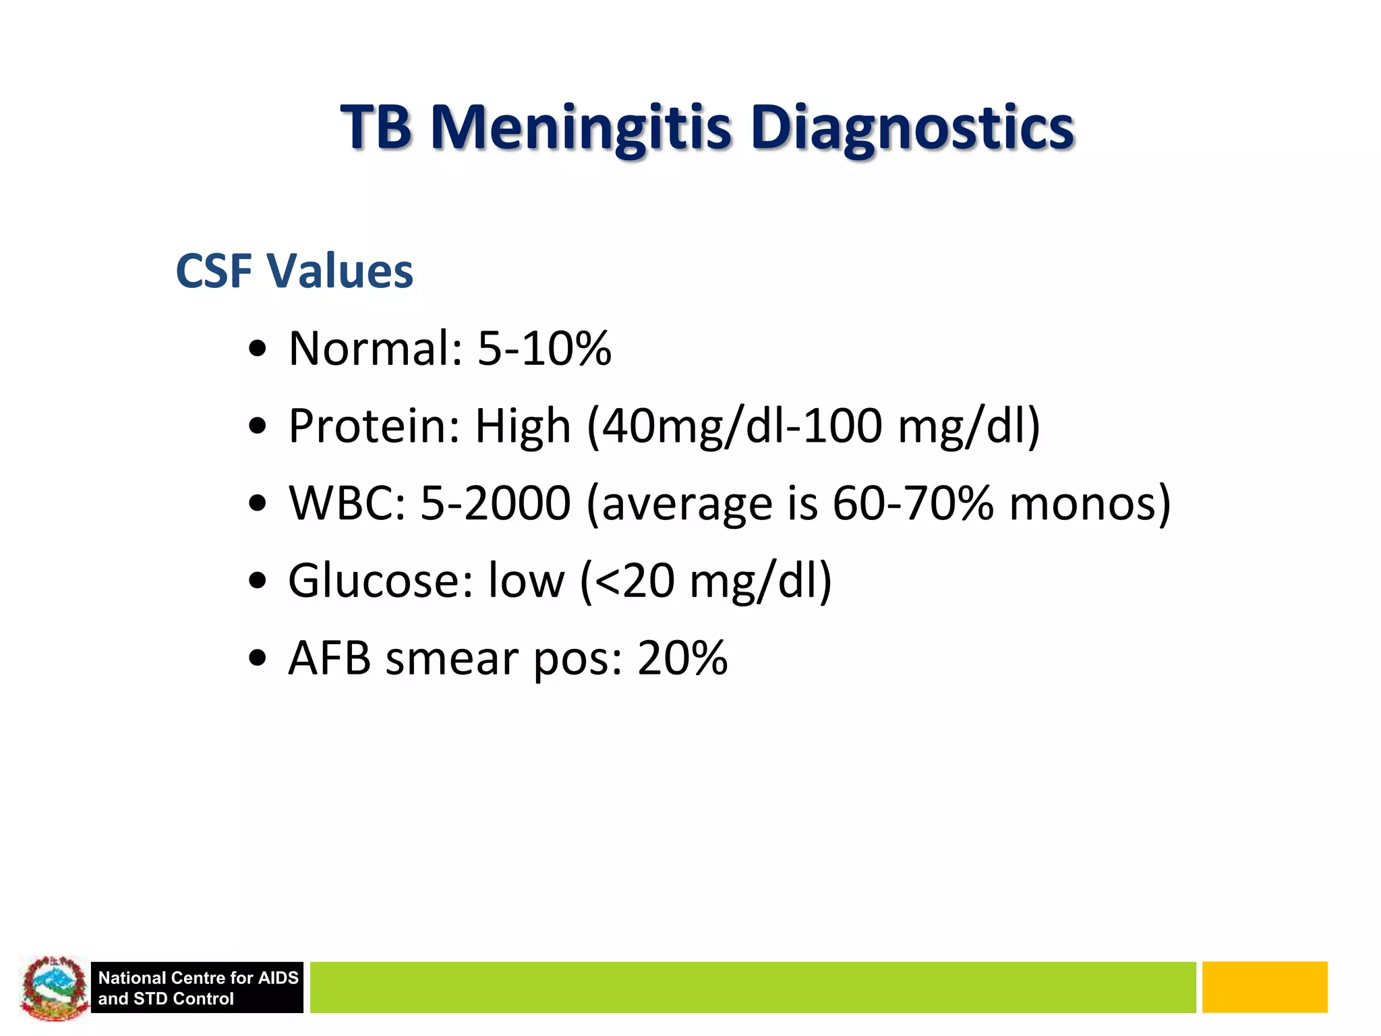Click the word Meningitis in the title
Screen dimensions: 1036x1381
click(581, 128)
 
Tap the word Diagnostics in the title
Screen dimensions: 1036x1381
click(912, 128)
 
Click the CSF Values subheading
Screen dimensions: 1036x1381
click(294, 271)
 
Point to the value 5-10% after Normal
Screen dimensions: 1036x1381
click(544, 349)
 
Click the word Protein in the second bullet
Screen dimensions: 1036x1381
click(374, 426)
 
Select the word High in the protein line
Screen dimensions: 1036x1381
click(523, 428)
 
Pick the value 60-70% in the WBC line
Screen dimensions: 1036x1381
click(912, 504)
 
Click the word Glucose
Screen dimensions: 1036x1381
click(380, 581)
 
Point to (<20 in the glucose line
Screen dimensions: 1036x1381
click(628, 581)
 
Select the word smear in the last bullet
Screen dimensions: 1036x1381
click(451, 658)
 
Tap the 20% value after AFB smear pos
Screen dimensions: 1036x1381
click(682, 658)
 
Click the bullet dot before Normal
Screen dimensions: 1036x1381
click(258, 349)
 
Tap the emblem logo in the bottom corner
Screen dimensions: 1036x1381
click(54, 987)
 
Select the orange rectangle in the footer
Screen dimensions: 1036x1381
click(1264, 987)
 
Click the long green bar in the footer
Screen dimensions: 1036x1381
click(752, 987)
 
